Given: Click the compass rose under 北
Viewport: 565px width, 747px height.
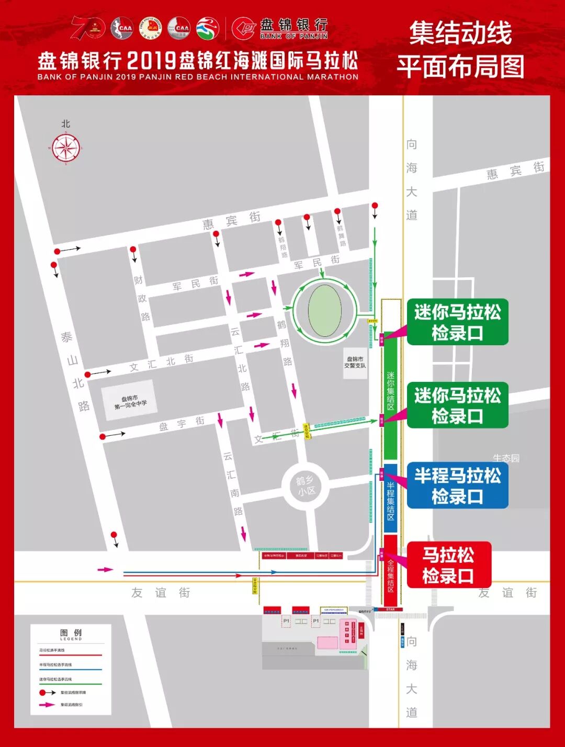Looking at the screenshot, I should point(66,148).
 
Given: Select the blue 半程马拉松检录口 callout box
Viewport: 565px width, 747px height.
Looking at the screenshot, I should point(457,485).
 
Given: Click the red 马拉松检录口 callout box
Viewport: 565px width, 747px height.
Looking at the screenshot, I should point(448,565).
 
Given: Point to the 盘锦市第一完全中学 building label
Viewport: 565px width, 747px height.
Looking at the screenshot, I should point(130,401).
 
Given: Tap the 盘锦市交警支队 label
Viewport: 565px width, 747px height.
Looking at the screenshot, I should point(355,362).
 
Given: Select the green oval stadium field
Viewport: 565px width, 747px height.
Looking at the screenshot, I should point(325,311).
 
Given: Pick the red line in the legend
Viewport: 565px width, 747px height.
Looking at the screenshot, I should point(70,655).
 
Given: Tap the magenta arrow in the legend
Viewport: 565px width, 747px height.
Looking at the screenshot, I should point(47,705).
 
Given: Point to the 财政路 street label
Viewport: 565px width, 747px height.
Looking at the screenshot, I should point(142,299).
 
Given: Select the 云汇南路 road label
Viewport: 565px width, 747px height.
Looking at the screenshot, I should point(233,483).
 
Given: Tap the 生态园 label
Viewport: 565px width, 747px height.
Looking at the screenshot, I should point(506,458).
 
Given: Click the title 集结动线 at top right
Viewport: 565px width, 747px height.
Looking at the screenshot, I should point(460,33).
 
